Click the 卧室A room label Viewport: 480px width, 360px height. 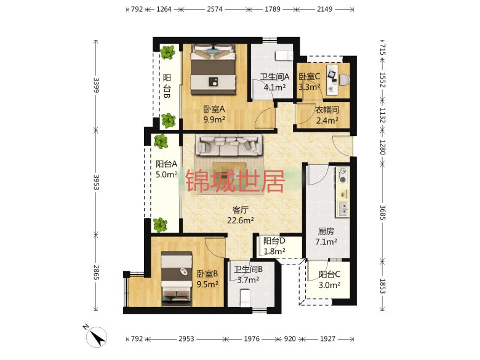(x=214, y=109)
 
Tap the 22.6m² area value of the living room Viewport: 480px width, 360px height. (x=240, y=220)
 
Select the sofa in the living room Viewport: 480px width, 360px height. (x=229, y=145)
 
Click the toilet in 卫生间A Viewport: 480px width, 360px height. (x=284, y=56)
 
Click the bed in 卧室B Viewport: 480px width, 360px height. (x=177, y=279)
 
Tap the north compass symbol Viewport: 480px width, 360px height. (x=96, y=337)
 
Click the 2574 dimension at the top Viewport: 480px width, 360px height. (x=215, y=9)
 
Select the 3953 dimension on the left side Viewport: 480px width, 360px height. (x=96, y=182)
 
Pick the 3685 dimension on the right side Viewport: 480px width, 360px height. (x=382, y=212)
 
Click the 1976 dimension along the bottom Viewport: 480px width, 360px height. (x=252, y=338)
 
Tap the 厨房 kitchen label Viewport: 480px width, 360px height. (x=326, y=231)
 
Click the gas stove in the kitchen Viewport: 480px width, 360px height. (x=343, y=175)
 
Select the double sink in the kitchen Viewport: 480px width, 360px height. (x=343, y=209)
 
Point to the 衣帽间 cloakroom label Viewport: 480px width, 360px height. (x=327, y=110)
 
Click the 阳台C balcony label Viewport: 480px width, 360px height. (x=329, y=274)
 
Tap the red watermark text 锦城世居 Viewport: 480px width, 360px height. (x=236, y=180)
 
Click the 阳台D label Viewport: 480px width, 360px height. (x=274, y=241)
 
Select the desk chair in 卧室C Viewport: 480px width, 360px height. (x=345, y=79)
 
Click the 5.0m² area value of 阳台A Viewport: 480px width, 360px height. (x=167, y=175)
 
